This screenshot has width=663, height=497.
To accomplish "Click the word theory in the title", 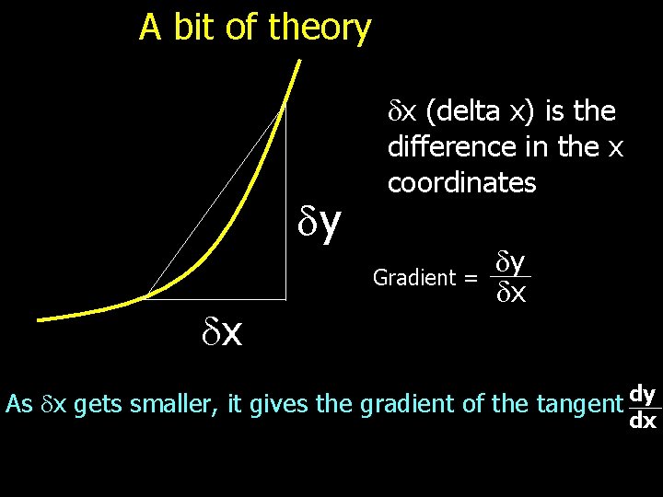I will click(x=320, y=29).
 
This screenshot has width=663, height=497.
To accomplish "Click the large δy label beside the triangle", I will click(x=320, y=221).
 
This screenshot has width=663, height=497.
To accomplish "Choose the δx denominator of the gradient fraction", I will click(x=512, y=294).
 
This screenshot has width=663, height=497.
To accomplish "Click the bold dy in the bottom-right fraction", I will click(x=644, y=394).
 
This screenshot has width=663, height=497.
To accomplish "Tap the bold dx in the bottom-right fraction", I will click(x=643, y=422).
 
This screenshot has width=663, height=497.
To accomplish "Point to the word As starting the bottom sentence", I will click(x=19, y=404).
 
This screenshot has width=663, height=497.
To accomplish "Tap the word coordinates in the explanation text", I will click(x=461, y=183).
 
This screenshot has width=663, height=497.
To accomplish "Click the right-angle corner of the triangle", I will click(x=285, y=297).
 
